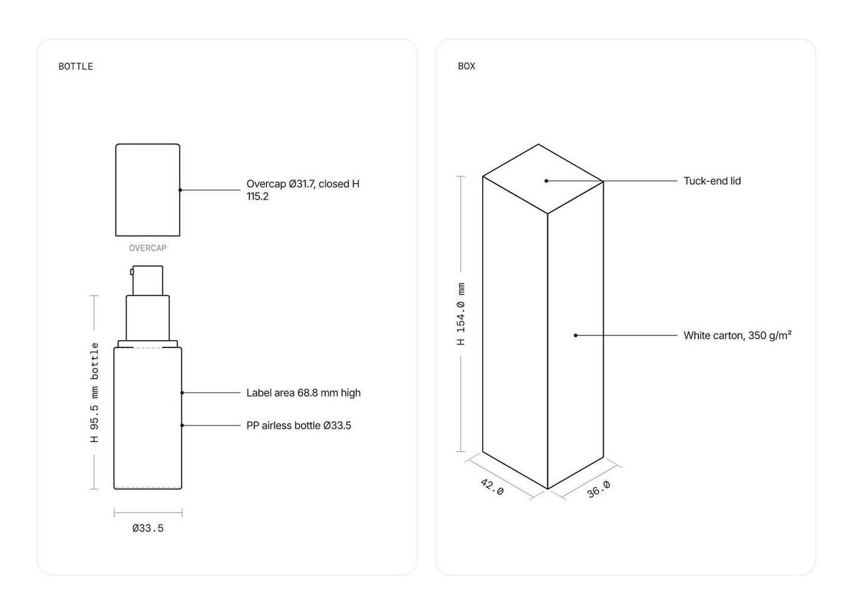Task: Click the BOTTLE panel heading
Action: tap(75, 66)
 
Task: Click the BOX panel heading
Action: tap(467, 66)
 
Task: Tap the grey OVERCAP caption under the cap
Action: tap(147, 248)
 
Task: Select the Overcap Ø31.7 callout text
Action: tap(303, 190)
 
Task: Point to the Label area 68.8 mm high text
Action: tap(303, 393)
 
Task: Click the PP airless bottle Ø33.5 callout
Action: tap(299, 426)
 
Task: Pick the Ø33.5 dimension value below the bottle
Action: tap(147, 528)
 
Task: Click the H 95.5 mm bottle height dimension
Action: tap(94, 392)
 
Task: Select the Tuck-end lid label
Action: tap(712, 181)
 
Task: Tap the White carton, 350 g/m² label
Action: tap(737, 335)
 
